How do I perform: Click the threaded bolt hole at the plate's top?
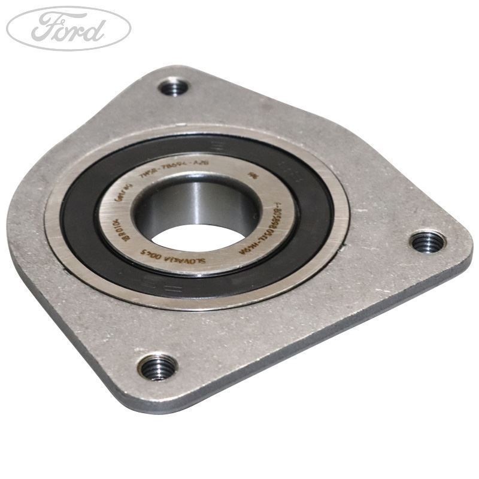click(x=174, y=88)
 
